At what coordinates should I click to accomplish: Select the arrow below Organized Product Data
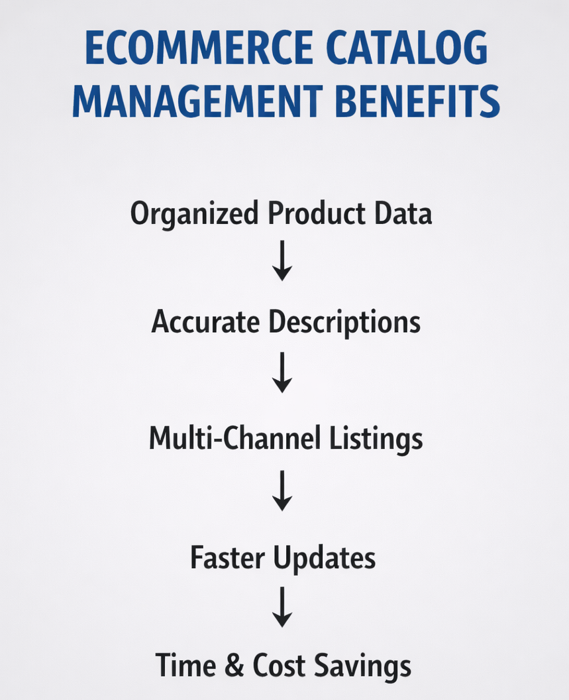[282, 261]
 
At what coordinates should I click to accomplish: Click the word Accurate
[206, 322]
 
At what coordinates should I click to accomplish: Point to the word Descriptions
[344, 323]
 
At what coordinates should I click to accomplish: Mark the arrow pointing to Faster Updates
[282, 491]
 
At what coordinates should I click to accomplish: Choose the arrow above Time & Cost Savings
[282, 606]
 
